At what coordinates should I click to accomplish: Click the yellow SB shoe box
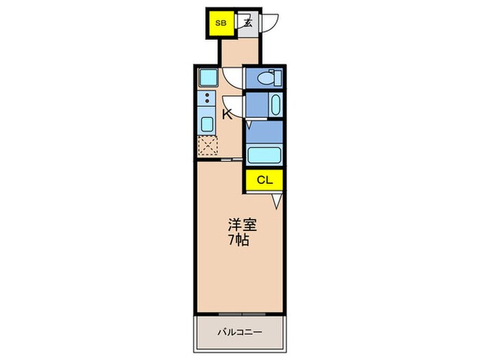click(221, 23)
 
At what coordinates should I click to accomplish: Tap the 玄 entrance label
click(248, 23)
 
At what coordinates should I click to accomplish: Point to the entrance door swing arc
click(272, 23)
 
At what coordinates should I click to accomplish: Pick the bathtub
click(264, 154)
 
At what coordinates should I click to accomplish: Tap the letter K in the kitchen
click(227, 115)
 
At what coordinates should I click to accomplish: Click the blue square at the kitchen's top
click(207, 76)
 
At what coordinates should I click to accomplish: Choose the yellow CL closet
click(265, 180)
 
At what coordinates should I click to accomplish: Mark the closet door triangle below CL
click(277, 201)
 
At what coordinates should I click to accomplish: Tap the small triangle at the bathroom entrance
click(249, 125)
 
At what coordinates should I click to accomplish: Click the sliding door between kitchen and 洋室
click(228, 160)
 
